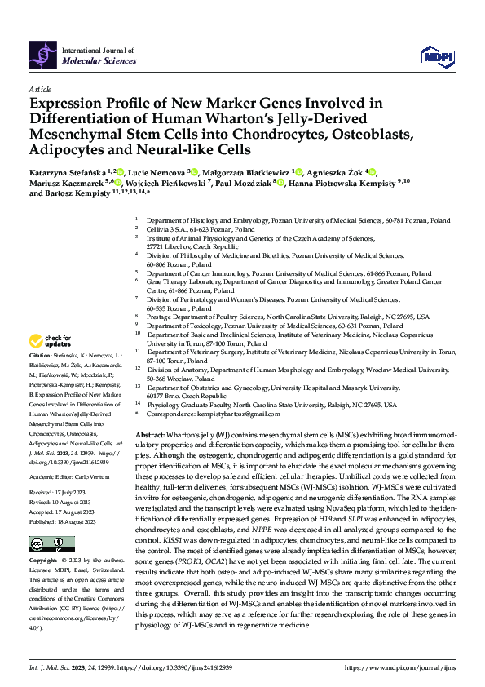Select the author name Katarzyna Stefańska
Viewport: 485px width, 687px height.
[x=65, y=172]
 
